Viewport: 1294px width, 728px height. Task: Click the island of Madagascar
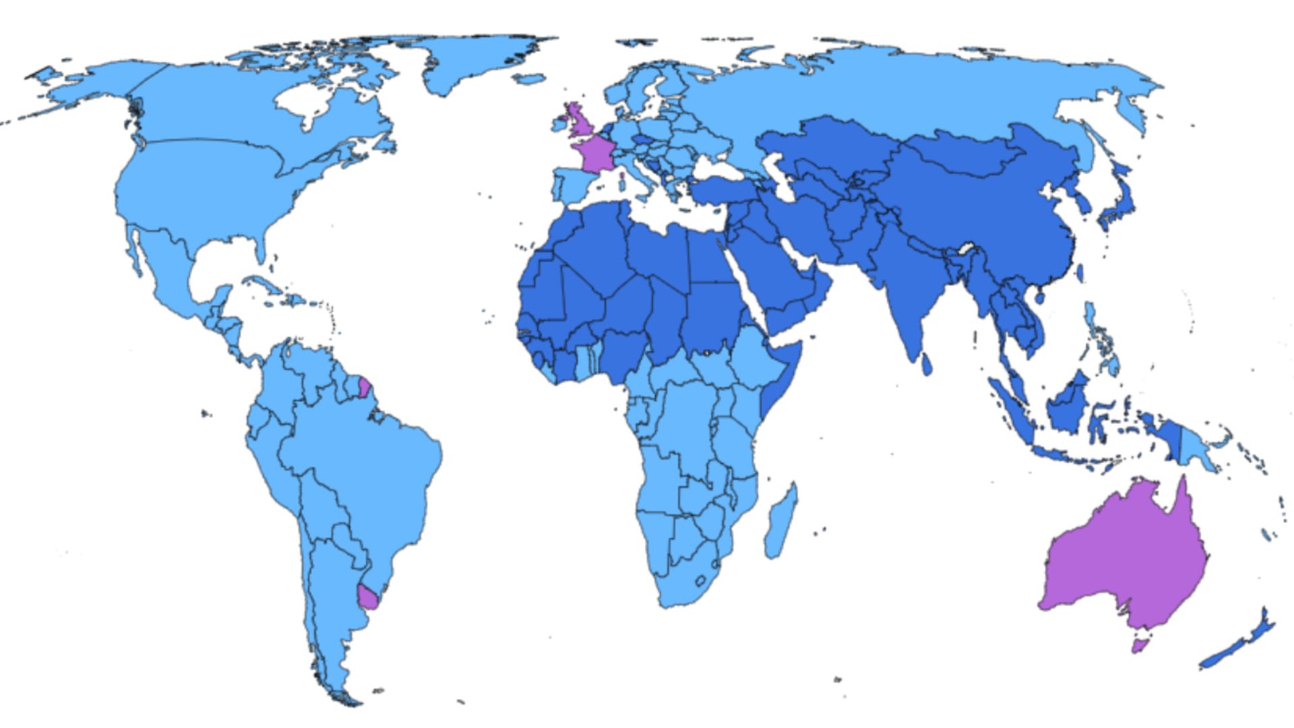click(x=782, y=522)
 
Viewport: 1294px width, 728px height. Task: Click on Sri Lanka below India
click(x=927, y=364)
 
